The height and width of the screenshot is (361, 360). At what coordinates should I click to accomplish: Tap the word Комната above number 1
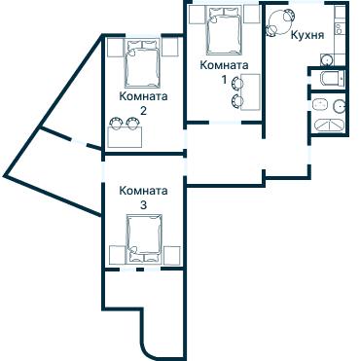point(223,64)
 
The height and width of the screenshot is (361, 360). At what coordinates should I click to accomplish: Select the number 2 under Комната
point(142,111)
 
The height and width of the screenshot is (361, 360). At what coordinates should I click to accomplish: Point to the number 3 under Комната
point(142,205)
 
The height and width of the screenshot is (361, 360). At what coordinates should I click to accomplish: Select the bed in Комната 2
point(142,63)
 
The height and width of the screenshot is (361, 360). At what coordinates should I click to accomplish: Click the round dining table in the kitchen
point(282,18)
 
